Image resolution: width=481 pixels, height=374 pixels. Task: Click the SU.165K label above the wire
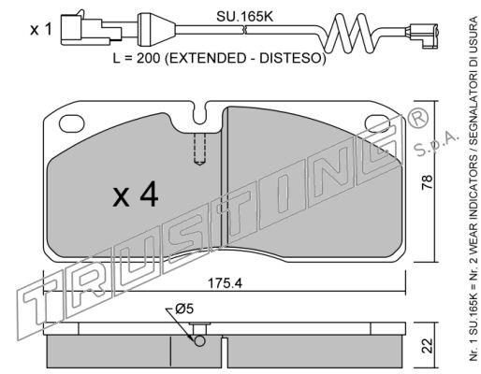[244, 17]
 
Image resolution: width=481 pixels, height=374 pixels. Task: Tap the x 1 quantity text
[41, 30]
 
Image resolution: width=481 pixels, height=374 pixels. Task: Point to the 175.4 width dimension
[225, 283]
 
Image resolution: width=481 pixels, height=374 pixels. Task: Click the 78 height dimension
[427, 182]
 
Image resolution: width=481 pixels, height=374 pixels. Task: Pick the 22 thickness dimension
[427, 346]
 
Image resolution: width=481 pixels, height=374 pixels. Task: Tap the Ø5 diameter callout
[184, 309]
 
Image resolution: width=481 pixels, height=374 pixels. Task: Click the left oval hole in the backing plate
[72, 123]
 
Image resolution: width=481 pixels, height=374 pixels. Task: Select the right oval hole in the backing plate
[378, 122]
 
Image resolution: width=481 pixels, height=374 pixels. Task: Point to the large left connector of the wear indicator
[91, 30]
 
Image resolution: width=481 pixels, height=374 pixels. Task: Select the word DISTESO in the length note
[291, 58]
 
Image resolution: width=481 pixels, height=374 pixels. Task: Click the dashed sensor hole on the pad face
[199, 149]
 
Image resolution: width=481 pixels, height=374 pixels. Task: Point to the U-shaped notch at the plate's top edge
[199, 115]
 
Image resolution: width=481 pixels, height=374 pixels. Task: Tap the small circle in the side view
[199, 340]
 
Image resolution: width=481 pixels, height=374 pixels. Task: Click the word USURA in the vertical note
[474, 32]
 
